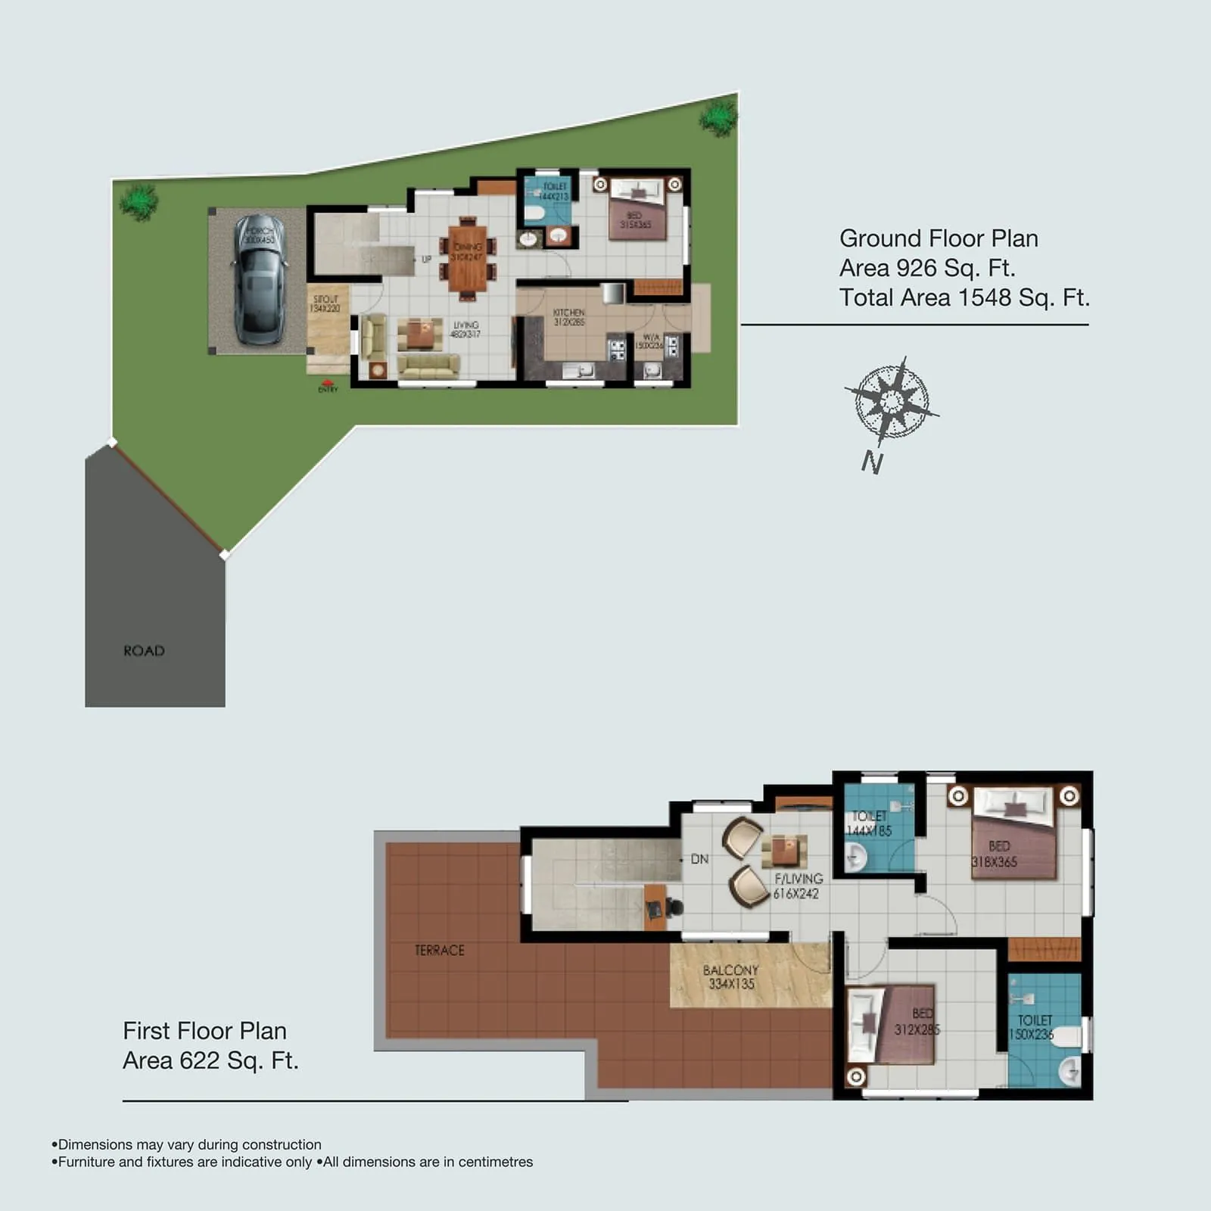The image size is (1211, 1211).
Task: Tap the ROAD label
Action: tap(144, 651)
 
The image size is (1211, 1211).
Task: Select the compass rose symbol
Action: tap(892, 401)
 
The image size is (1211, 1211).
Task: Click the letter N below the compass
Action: tap(872, 462)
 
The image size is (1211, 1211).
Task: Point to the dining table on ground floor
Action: tap(468, 257)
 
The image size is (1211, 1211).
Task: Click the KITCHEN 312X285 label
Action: tap(568, 317)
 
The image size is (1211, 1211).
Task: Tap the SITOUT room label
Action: tap(325, 304)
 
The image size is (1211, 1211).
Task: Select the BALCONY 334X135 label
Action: tap(730, 977)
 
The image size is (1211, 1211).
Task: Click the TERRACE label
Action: tap(439, 951)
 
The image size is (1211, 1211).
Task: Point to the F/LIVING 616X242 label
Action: tap(797, 886)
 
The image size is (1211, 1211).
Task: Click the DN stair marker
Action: tap(699, 859)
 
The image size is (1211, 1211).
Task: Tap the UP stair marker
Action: tap(426, 259)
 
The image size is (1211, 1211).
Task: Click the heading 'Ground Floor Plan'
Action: tap(939, 238)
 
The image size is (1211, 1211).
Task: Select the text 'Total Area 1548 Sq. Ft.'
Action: tap(964, 297)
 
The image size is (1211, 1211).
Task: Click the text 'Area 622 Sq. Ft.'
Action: tap(210, 1060)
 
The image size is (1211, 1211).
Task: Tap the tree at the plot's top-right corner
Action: tap(718, 118)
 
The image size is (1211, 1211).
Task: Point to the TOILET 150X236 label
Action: tap(1032, 1027)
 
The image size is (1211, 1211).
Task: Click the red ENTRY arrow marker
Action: tap(327, 385)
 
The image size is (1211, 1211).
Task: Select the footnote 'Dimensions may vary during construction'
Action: tap(189, 1144)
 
